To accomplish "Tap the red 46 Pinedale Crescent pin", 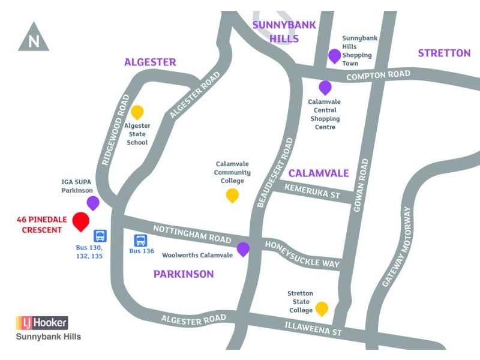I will coord(80,221).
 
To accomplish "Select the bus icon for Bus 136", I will coord(140,240).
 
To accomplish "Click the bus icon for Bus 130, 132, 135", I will coord(100,236).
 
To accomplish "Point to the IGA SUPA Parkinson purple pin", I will coord(93,202).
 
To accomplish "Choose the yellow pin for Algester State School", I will coord(137,112).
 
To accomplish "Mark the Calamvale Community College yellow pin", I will coord(232,195).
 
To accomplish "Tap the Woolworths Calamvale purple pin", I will coord(243,249).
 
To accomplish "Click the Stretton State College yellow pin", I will coord(322,308).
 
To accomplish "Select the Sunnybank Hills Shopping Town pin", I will coord(334,56).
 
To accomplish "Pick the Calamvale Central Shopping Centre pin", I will coord(325,88).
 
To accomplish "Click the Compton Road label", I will coord(379,75).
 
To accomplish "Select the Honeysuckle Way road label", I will coord(302,254).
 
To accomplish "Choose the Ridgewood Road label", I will coord(116,129).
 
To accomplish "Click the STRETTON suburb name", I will coord(444,53).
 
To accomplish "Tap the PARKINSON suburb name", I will coord(184,274).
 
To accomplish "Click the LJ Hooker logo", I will coord(42,322).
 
